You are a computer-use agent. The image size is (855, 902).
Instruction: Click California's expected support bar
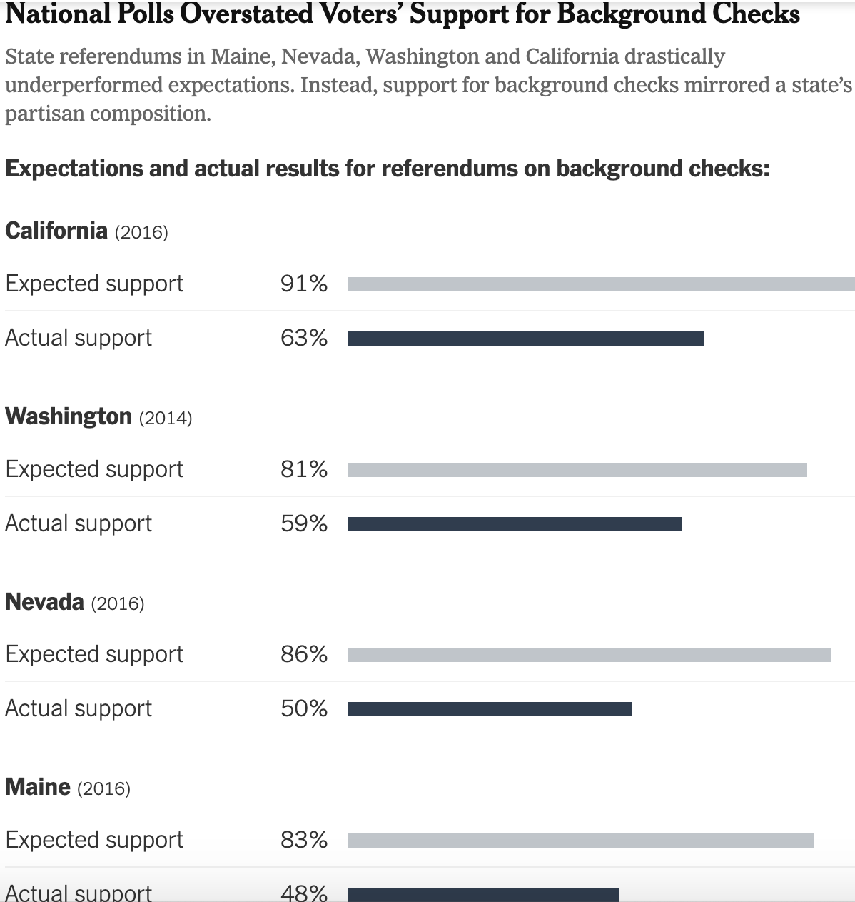(x=601, y=284)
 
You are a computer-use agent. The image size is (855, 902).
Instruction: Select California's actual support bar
(x=525, y=339)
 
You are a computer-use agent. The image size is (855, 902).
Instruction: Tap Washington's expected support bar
(x=577, y=469)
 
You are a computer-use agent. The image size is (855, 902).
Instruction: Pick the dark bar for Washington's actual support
(x=515, y=524)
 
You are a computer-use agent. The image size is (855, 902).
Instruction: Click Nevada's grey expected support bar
(x=589, y=654)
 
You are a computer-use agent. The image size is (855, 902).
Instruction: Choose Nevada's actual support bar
(x=490, y=709)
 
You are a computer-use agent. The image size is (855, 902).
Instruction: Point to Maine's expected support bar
(x=580, y=841)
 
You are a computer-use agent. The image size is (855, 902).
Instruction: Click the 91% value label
(x=304, y=284)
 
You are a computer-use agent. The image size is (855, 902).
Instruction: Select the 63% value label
(x=304, y=338)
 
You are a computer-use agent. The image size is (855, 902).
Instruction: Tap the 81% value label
(x=304, y=469)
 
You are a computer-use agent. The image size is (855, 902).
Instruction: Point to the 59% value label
(x=304, y=523)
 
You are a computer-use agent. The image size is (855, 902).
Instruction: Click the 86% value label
(x=304, y=654)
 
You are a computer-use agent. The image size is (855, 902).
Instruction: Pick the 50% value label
(x=304, y=708)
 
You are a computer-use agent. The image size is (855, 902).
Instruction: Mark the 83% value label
(x=304, y=840)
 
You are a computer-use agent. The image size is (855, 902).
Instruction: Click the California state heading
(x=56, y=231)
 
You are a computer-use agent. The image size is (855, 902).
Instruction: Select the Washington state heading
(x=69, y=416)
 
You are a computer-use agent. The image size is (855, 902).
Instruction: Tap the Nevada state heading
(x=44, y=602)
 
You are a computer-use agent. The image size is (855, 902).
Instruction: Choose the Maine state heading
(x=38, y=787)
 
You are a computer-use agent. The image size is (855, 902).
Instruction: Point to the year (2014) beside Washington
(x=166, y=418)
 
